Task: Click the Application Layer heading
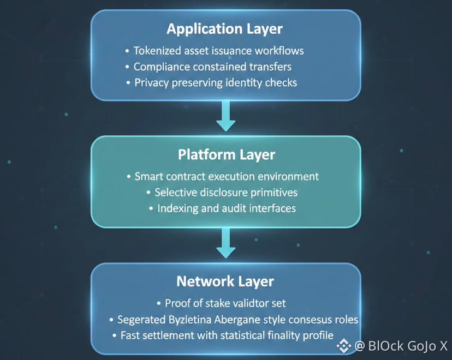[224, 29]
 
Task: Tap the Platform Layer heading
[227, 155]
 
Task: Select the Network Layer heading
[225, 281]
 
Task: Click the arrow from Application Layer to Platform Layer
[226, 116]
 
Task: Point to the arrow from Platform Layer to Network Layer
[226, 243]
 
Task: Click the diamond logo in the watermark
[343, 346]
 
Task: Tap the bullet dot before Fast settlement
[115, 336]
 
